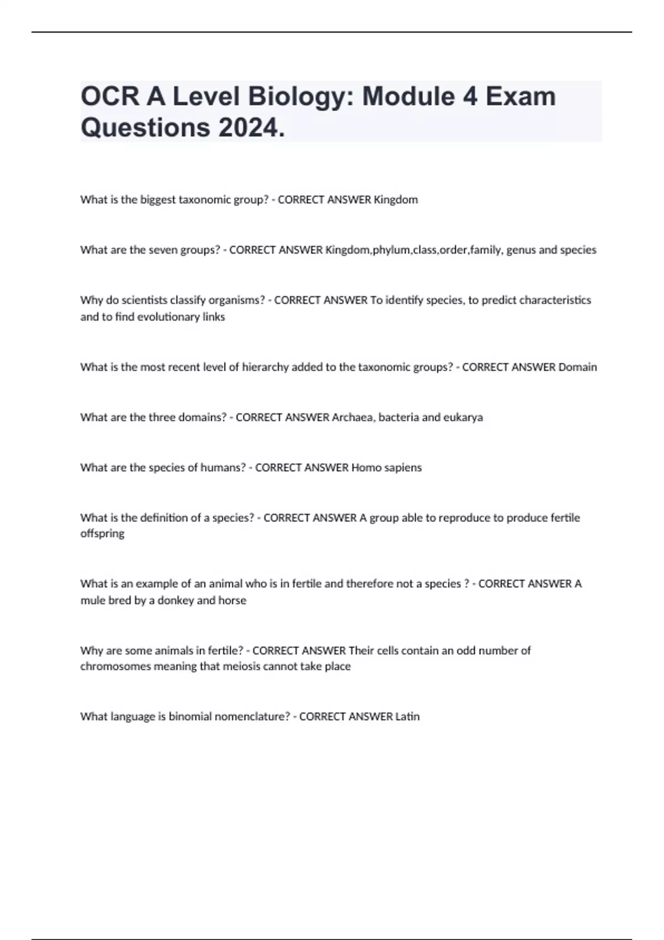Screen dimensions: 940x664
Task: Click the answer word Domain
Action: [577, 367]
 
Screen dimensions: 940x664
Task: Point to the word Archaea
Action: [352, 417]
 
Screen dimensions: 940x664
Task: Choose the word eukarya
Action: [463, 417]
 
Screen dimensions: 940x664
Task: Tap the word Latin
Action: [407, 717]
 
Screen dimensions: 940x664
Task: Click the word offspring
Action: [102, 534]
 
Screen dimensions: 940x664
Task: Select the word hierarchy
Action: [266, 367]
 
